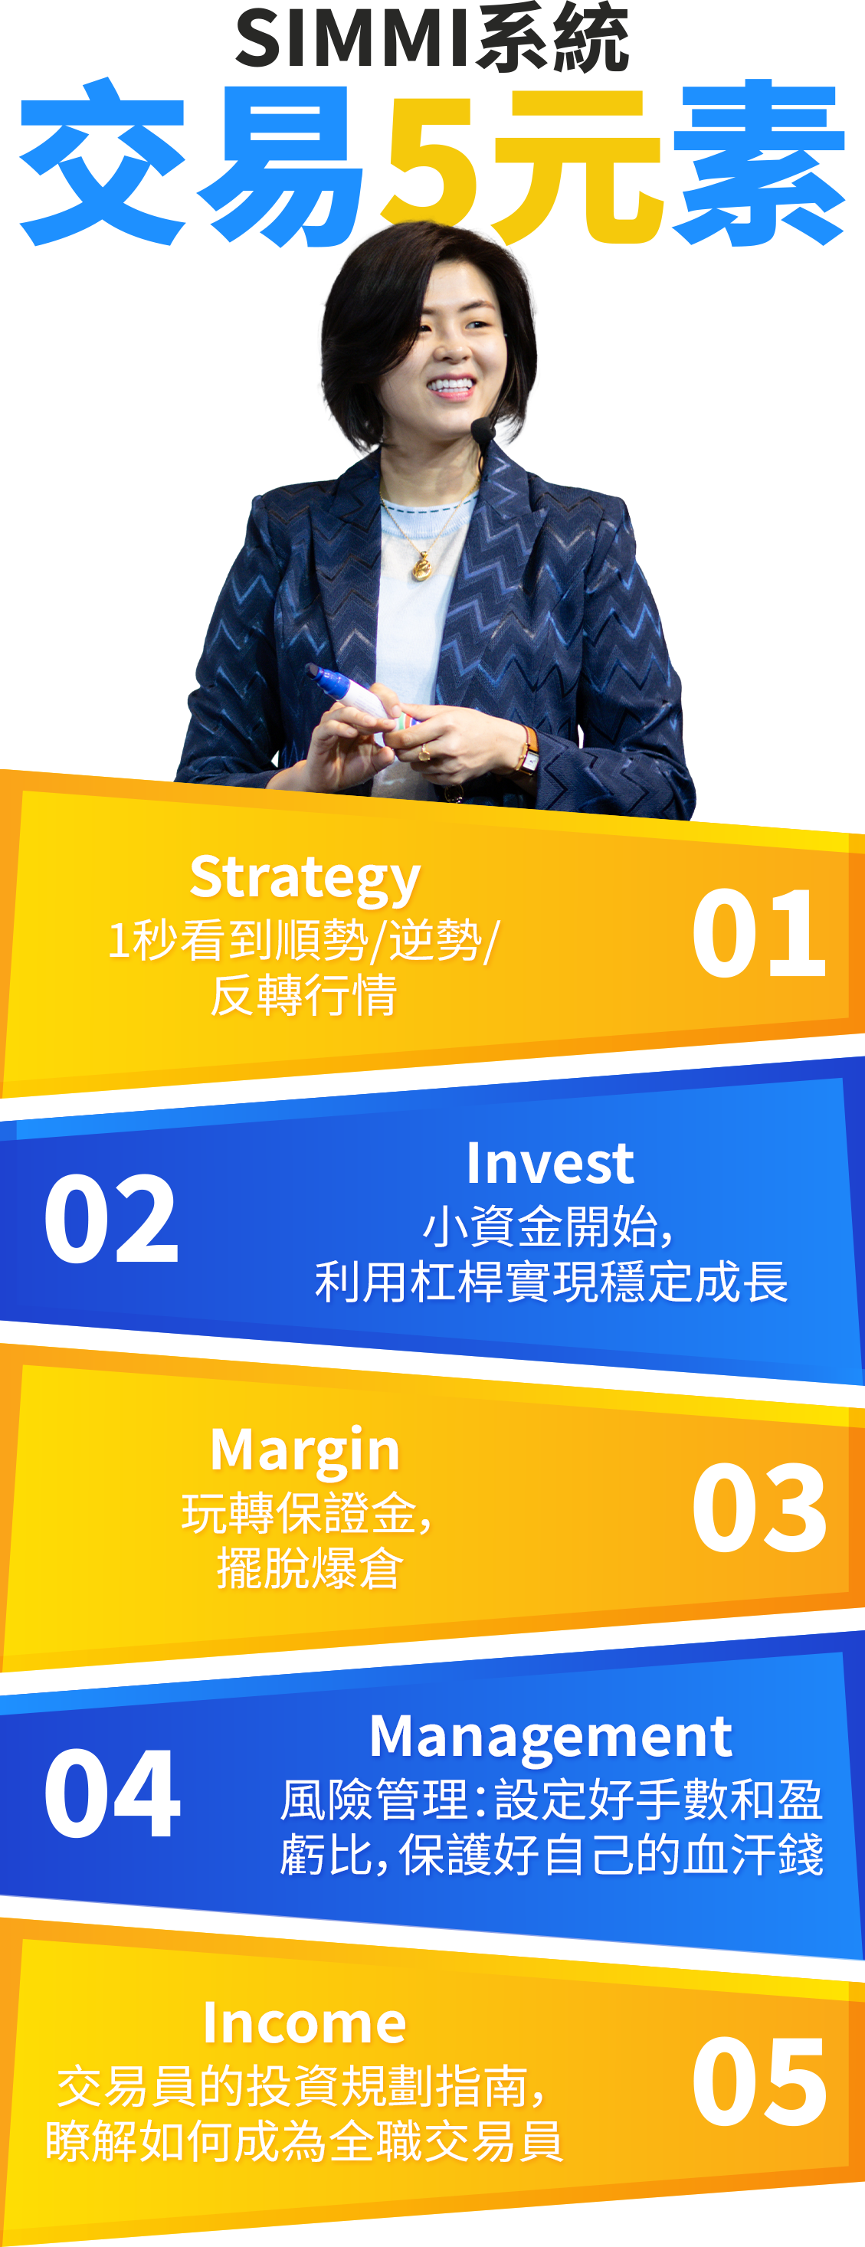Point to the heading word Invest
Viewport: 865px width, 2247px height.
pyautogui.click(x=550, y=1164)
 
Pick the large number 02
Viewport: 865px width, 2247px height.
pyautogui.click(x=111, y=1219)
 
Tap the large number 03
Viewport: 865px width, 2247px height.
pyautogui.click(x=759, y=1507)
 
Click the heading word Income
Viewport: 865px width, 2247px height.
pyautogui.click(x=305, y=2024)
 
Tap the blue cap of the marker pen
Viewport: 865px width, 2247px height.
pyautogui.click(x=323, y=678)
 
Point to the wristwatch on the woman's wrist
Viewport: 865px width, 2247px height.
pyautogui.click(x=529, y=751)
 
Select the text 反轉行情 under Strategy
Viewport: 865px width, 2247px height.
pyautogui.click(x=304, y=995)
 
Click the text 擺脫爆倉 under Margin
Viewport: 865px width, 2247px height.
pyautogui.click(x=310, y=1568)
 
